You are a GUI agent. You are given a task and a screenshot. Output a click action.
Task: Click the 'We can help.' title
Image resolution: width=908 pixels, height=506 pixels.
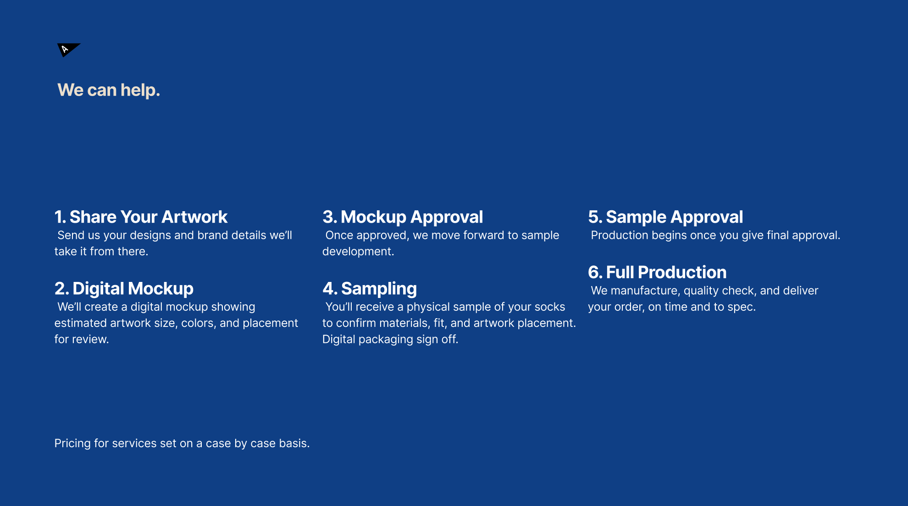pyautogui.click(x=109, y=90)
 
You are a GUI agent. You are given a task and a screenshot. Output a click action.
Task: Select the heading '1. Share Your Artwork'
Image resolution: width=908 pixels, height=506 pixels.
pyautogui.click(x=141, y=217)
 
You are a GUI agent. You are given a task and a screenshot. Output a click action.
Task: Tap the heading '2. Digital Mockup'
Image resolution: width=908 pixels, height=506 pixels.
pyautogui.click(x=124, y=288)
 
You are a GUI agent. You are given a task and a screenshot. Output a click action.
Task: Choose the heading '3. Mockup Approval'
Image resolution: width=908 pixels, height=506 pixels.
pyautogui.click(x=403, y=217)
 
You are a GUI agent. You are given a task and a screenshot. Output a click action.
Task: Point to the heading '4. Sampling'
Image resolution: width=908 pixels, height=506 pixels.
pyautogui.click(x=370, y=289)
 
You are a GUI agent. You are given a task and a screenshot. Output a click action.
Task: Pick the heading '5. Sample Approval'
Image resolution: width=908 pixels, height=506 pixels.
pyautogui.click(x=665, y=217)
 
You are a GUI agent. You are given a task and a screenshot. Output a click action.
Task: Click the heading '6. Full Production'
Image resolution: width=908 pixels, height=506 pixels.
pyautogui.click(x=657, y=272)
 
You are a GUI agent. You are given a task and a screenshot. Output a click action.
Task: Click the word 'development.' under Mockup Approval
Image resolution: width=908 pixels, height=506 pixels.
pyautogui.click(x=358, y=252)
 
